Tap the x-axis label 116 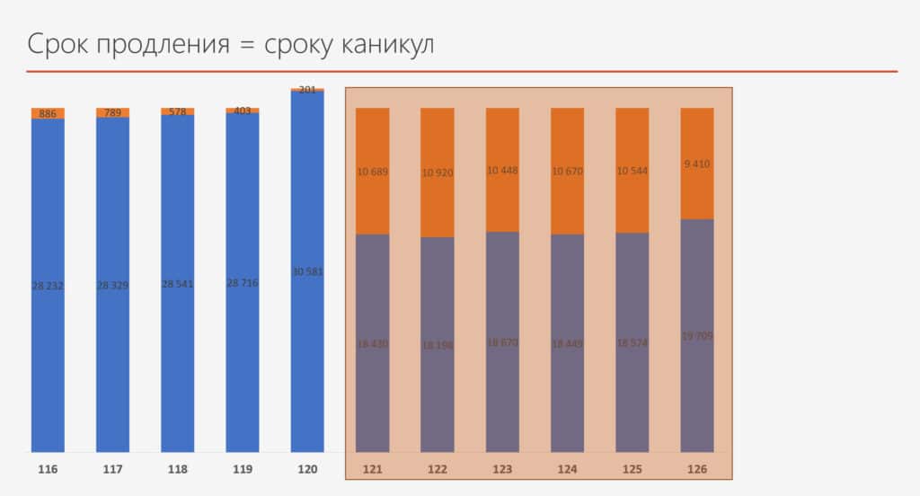point(48,469)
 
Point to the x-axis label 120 point(307,469)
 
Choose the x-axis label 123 point(502,469)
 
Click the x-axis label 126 point(697,469)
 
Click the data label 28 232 point(48,284)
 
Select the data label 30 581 point(307,272)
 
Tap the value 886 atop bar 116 point(48,114)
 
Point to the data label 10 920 point(438,173)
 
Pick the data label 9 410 point(697,164)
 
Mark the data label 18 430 point(373,343)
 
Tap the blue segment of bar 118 point(177,359)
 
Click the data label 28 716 point(243,283)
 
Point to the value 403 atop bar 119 point(243,111)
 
